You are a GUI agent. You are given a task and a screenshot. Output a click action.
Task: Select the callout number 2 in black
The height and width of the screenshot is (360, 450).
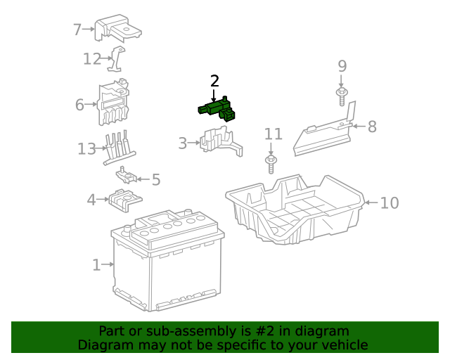click(x=214, y=81)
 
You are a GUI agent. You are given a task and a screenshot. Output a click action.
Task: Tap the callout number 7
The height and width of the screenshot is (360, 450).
click(x=77, y=30)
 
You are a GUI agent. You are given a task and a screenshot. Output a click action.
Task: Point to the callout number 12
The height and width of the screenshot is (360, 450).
click(x=92, y=59)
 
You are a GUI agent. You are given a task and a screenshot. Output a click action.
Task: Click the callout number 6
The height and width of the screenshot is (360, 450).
click(x=79, y=105)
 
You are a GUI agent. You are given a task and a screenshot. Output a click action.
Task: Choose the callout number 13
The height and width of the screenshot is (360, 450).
click(x=86, y=149)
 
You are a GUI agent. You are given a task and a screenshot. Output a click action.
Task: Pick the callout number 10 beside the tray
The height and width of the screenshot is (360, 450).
click(x=389, y=203)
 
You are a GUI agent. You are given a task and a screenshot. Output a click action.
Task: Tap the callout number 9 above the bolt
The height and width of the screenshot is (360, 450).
click(x=342, y=67)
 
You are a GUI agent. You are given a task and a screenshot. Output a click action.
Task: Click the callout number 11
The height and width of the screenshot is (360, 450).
click(x=273, y=134)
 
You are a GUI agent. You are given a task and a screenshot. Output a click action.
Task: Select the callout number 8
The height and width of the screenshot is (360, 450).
click(x=372, y=127)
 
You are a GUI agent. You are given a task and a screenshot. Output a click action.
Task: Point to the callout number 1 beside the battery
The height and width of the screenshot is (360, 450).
click(x=96, y=265)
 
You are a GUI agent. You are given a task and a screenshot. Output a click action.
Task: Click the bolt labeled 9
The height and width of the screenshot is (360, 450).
click(x=342, y=96)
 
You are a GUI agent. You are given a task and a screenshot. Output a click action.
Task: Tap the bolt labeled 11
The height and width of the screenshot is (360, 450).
click(x=271, y=164)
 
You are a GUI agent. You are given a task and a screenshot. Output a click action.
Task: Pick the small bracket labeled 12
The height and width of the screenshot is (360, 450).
click(x=117, y=59)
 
